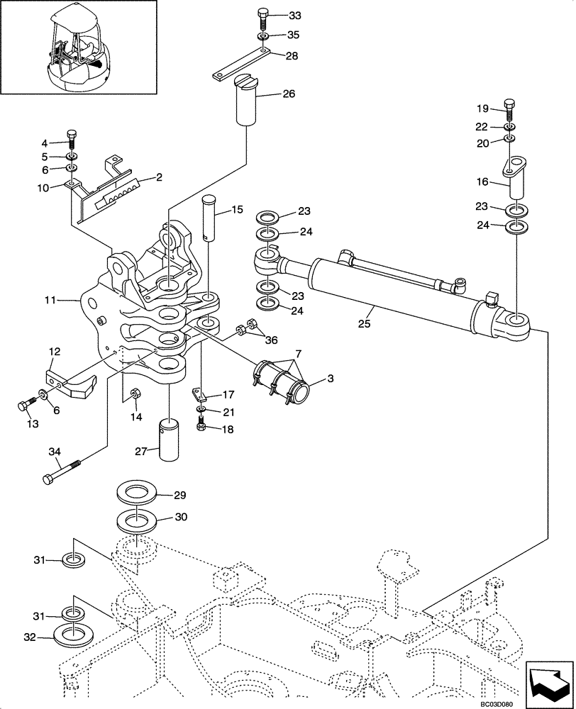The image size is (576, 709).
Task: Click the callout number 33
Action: pyautogui.click(x=275, y=15)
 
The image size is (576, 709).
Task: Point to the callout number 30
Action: pyautogui.click(x=180, y=518)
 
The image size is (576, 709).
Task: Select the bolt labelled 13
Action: pyautogui.click(x=24, y=406)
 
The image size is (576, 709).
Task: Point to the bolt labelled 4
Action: pyautogui.click(x=72, y=136)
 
